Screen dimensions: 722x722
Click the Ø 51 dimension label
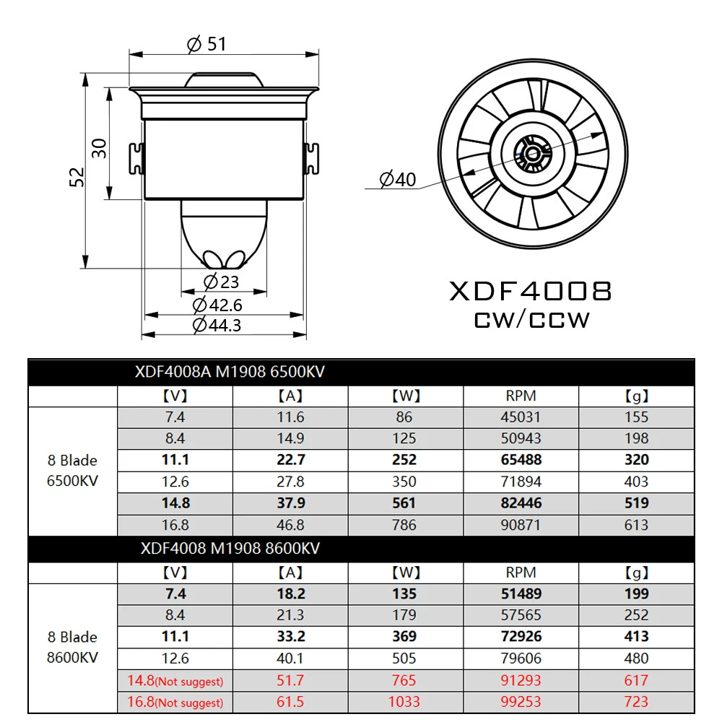point(206,44)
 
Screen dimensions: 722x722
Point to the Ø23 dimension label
point(221,282)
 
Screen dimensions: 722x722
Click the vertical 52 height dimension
point(77,177)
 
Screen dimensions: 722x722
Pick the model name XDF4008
point(531,291)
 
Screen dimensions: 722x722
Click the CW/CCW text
point(531,319)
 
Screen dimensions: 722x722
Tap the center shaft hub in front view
point(533,153)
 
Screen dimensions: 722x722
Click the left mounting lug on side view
point(135,158)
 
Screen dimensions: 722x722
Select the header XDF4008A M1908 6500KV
point(230,373)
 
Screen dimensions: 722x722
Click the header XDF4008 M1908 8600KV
point(230,549)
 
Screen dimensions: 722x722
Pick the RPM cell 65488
point(521,460)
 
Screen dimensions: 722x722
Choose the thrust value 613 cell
point(636,525)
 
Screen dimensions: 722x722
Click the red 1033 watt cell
point(405,701)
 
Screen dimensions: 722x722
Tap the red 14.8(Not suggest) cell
point(175,680)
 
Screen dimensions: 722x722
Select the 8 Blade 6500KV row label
point(72,471)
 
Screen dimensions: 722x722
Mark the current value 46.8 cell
point(290,525)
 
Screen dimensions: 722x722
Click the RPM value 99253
point(521,701)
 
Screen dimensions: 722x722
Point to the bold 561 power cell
point(405,503)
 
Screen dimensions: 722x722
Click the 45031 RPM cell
point(521,417)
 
